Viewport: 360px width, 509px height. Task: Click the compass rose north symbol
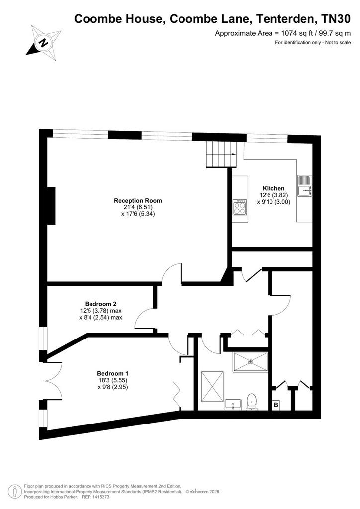pyautogui.click(x=44, y=43)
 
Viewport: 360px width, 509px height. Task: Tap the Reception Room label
pyautogui.click(x=138, y=201)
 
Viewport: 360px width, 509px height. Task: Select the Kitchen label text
pyautogui.click(x=273, y=188)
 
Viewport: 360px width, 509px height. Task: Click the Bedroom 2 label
pyautogui.click(x=100, y=304)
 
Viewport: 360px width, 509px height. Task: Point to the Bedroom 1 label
pyautogui.click(x=113, y=374)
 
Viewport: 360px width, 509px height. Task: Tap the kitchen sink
pyautogui.click(x=305, y=186)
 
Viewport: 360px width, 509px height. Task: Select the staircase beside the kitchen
pyautogui.click(x=222, y=155)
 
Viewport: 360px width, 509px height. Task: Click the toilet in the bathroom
pyautogui.click(x=252, y=401)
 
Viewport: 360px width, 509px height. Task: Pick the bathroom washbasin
pyautogui.click(x=233, y=404)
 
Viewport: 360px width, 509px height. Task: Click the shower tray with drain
pyautogui.click(x=250, y=362)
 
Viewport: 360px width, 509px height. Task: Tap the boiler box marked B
pyautogui.click(x=276, y=405)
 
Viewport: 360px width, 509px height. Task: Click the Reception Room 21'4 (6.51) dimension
pyautogui.click(x=138, y=207)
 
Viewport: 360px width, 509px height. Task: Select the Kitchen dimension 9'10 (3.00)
pyautogui.click(x=273, y=202)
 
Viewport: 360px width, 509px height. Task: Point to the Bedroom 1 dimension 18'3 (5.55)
pyautogui.click(x=113, y=380)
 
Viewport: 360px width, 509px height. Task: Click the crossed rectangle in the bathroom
pyautogui.click(x=212, y=386)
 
